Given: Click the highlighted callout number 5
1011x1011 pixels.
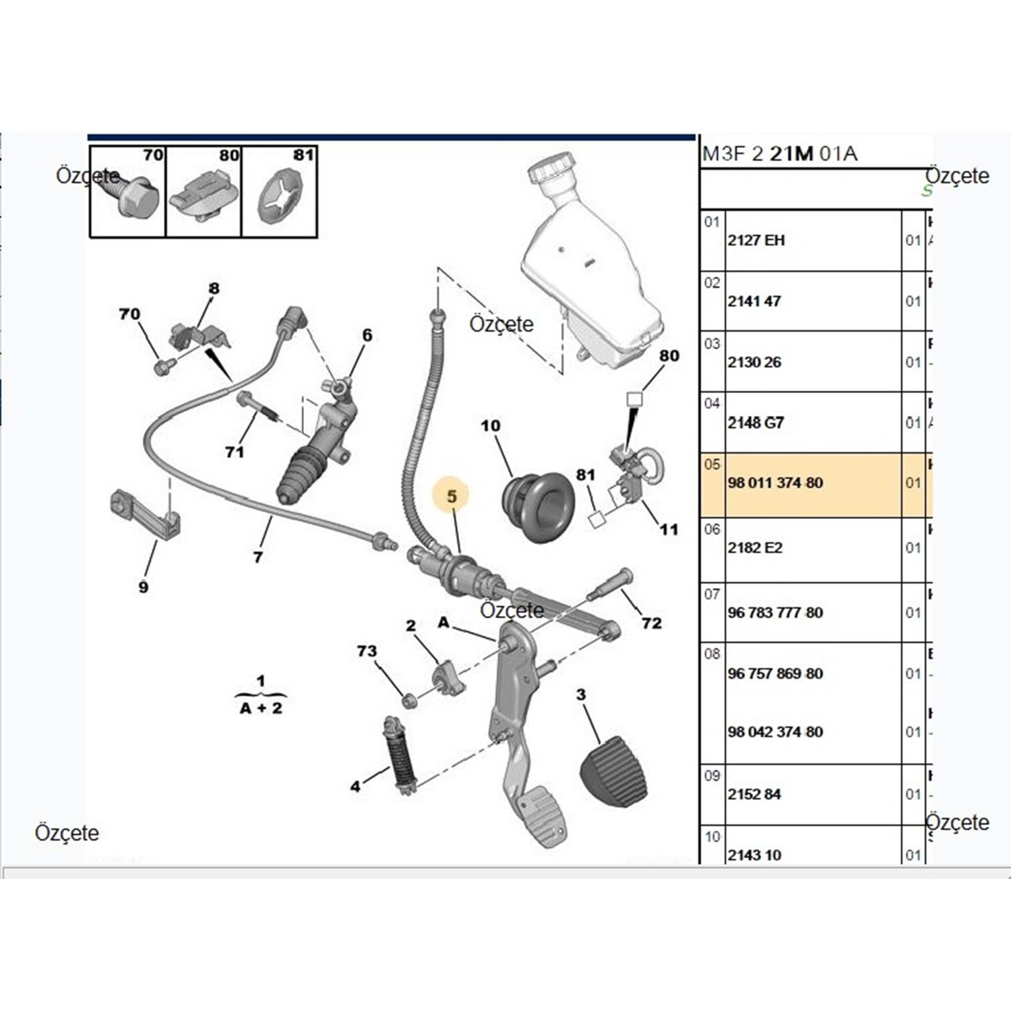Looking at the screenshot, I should click(452, 496).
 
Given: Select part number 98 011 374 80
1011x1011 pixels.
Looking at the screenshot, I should click(775, 483).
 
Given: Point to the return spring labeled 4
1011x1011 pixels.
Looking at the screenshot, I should click(400, 755).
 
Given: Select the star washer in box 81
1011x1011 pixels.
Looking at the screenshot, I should click(280, 197).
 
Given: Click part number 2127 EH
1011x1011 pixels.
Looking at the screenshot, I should click(756, 241).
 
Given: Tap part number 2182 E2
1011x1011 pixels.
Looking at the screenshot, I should click(755, 548).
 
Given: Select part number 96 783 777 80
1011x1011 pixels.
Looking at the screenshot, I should click(775, 613).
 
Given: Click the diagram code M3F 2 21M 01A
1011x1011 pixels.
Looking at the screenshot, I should click(780, 154).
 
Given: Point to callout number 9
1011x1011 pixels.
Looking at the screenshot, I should click(144, 587).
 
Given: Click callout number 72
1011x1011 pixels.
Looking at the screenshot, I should click(651, 623).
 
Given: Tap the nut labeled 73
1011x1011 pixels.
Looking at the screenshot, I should click(408, 702).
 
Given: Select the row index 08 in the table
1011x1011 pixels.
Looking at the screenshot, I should click(712, 654).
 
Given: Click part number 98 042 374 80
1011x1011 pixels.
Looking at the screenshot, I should click(775, 732).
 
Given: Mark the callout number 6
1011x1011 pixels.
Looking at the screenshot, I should click(367, 335).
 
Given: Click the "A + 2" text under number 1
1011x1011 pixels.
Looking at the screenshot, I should click(262, 708).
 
